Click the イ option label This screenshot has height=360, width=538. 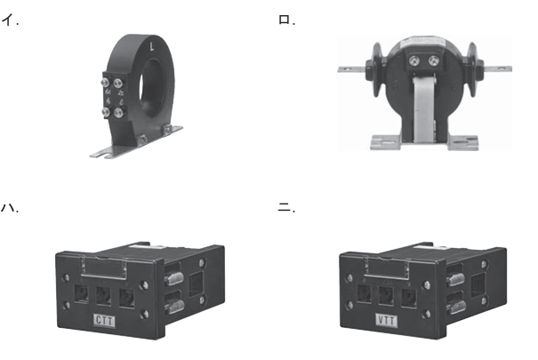point(7,20)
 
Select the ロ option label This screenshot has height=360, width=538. point(285,20)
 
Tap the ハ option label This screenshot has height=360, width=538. point(7,207)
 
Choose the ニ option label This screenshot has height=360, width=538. point(284,207)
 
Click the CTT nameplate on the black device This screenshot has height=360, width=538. point(104,321)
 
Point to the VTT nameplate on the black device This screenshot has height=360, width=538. point(387,321)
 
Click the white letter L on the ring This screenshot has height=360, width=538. point(152,46)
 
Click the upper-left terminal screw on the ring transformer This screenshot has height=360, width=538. point(105,83)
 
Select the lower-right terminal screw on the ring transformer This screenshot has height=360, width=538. point(119,113)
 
